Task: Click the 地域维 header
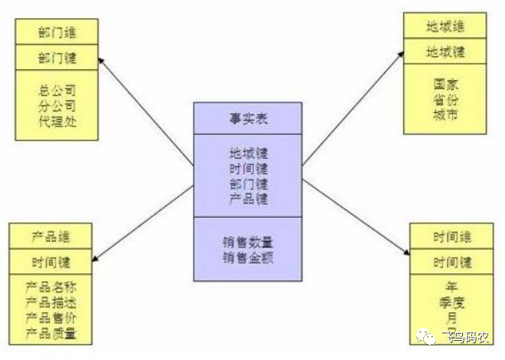pyautogui.click(x=445, y=26)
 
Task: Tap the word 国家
pyautogui.click(x=445, y=83)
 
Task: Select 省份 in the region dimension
pyautogui.click(x=445, y=99)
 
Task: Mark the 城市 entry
pyautogui.click(x=445, y=114)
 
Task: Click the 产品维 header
pyautogui.click(x=51, y=237)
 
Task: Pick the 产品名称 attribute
pyautogui.click(x=51, y=285)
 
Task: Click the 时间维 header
pyautogui.click(x=452, y=237)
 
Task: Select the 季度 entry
pyautogui.click(x=452, y=301)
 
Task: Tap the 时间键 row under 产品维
pyautogui.click(x=51, y=260)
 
